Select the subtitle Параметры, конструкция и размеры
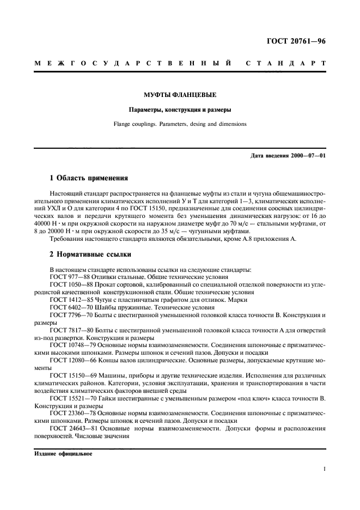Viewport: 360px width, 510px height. [180, 109]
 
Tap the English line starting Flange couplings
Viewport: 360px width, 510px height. [180, 124]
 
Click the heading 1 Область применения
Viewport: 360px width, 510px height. [89, 178]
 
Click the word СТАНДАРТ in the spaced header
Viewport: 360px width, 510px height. [285, 63]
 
